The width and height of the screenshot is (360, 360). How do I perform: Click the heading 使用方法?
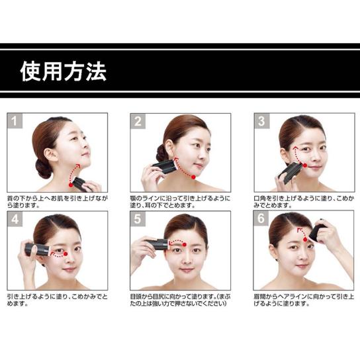[64, 71]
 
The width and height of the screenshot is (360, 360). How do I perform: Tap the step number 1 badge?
[15, 120]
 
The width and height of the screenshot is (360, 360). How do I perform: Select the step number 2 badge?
[138, 121]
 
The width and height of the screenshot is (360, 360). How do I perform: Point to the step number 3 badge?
[262, 120]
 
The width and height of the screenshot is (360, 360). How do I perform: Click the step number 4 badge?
[15, 219]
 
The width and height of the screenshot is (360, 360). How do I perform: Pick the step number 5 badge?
[138, 219]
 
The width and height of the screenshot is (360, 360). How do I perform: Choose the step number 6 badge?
[261, 218]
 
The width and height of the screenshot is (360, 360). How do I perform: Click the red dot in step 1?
[71, 185]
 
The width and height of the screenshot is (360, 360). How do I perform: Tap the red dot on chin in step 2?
[193, 177]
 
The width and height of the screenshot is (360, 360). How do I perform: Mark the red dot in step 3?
[305, 165]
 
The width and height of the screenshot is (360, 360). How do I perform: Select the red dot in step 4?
[66, 253]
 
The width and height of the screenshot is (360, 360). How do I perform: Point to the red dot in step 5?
[184, 245]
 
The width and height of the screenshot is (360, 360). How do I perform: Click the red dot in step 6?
[305, 240]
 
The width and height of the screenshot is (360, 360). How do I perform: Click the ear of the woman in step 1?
[50, 154]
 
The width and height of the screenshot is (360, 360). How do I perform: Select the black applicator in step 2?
[165, 166]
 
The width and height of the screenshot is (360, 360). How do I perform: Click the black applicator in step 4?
[37, 249]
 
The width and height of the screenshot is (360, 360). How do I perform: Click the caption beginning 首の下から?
[58, 202]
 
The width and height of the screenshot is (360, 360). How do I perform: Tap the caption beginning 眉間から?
[304, 300]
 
